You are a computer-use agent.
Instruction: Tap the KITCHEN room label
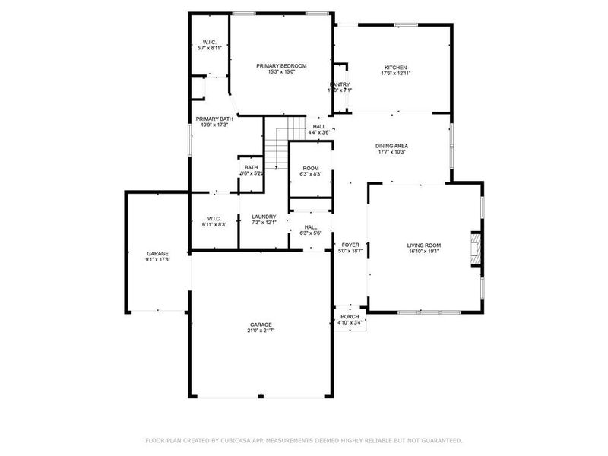tap(395, 68)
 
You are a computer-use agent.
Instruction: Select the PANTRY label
tap(339, 84)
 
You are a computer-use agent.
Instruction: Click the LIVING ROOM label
tap(424, 245)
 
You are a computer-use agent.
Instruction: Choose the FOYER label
tap(350, 245)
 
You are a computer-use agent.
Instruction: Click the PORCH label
tap(350, 316)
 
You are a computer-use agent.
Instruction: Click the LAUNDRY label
tap(264, 217)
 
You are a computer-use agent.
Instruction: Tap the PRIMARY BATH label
tap(214, 119)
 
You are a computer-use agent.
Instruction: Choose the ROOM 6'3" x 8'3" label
tap(311, 168)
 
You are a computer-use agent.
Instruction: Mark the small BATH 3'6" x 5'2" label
tap(251, 167)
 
